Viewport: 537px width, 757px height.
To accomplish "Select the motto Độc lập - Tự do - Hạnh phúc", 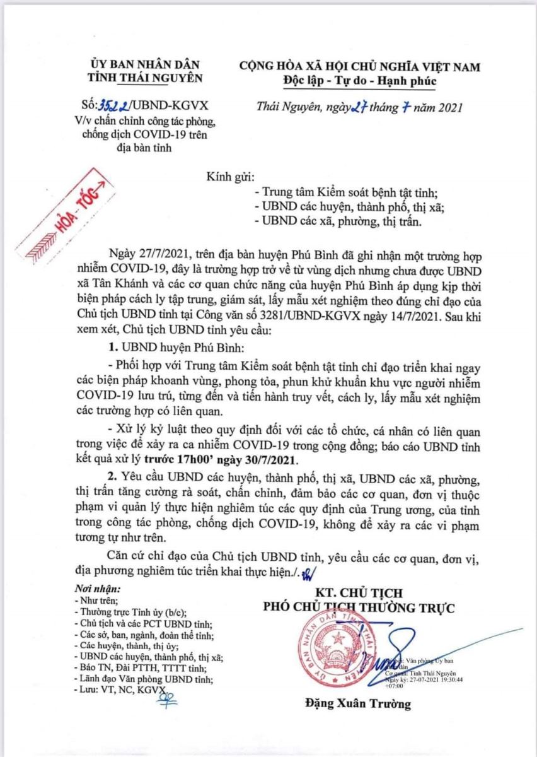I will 359,81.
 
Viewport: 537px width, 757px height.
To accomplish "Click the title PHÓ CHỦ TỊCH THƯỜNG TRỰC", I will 359,607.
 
